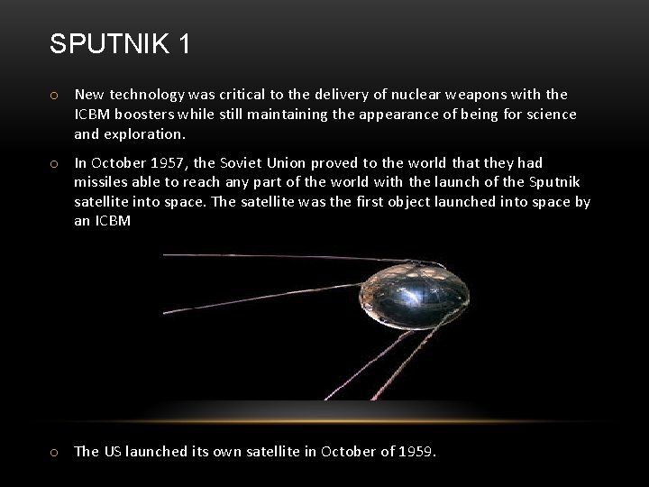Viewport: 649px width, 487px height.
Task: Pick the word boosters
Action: click(149, 115)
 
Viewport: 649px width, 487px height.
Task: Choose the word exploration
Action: click(144, 134)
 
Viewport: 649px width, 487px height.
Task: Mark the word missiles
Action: click(101, 182)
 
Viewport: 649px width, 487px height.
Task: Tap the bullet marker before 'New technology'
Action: click(55, 95)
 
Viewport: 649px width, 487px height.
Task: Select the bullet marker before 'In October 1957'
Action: click(55, 163)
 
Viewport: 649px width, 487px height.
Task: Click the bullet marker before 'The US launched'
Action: click(55, 452)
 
